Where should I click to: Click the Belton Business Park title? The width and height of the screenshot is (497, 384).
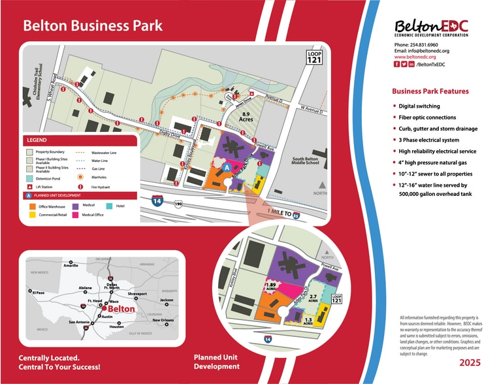(93, 27)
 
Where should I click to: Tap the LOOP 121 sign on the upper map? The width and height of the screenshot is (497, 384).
(315, 56)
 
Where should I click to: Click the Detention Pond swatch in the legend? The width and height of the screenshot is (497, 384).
(29, 178)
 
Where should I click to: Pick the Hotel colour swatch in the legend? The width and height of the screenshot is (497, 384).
(110, 206)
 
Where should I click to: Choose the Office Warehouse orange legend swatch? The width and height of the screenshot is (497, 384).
(30, 206)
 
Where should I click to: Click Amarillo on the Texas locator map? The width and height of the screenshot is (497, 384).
(71, 266)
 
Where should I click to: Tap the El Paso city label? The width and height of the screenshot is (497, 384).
(37, 293)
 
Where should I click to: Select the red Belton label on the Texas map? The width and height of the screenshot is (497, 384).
(121, 309)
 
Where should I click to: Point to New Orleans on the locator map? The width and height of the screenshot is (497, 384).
(164, 321)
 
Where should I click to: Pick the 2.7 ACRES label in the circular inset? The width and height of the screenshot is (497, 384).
(313, 298)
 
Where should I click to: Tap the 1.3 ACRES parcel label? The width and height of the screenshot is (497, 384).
(308, 321)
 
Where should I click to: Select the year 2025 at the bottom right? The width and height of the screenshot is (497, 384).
(470, 362)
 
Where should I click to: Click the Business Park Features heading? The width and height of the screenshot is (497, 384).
(430, 91)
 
